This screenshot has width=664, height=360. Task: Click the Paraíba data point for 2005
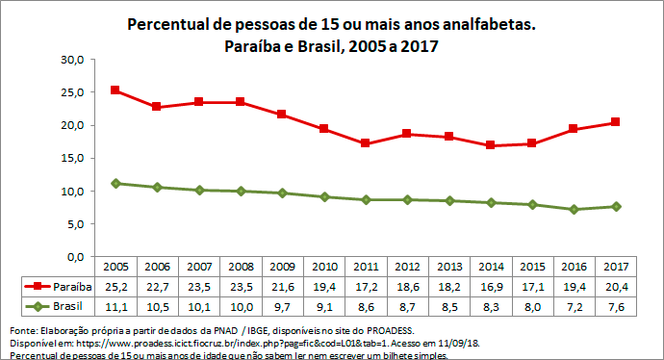pyautogui.click(x=115, y=90)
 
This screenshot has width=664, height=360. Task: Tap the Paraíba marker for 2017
pyautogui.click(x=614, y=122)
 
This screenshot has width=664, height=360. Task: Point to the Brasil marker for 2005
pyautogui.click(x=115, y=183)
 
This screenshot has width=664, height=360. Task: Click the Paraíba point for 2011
pyautogui.click(x=364, y=143)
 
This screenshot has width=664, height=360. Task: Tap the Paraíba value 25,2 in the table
pyautogui.click(x=115, y=286)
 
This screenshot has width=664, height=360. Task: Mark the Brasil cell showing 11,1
pyautogui.click(x=115, y=306)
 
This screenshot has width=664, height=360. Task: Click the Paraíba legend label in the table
pyautogui.click(x=69, y=286)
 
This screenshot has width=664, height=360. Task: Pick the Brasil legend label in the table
pyautogui.click(x=64, y=306)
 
